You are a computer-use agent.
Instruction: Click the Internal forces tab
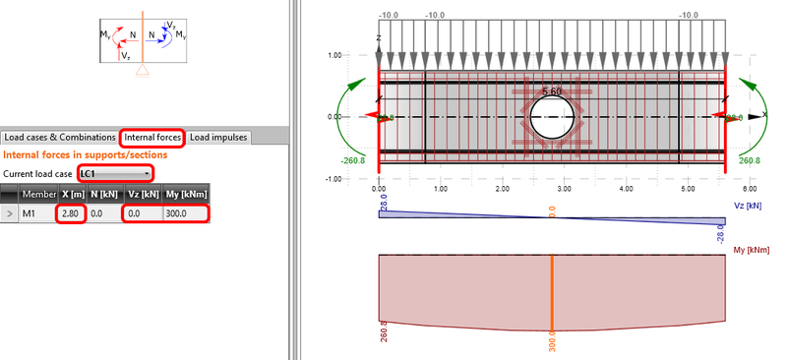click(x=152, y=137)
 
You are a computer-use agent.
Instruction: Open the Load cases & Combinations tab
click(x=59, y=137)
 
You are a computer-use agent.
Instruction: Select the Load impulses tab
click(x=217, y=137)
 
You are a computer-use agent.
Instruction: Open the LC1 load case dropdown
click(x=116, y=174)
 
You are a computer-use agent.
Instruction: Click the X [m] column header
click(x=71, y=194)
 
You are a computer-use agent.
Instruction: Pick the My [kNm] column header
click(x=186, y=194)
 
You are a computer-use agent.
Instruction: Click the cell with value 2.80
click(x=71, y=212)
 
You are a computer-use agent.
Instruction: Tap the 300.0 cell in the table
click(x=186, y=212)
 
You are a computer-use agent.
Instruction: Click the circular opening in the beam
click(x=552, y=117)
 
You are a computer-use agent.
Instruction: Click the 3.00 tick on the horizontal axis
click(x=565, y=188)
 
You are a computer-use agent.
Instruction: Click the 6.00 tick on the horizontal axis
click(x=750, y=188)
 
